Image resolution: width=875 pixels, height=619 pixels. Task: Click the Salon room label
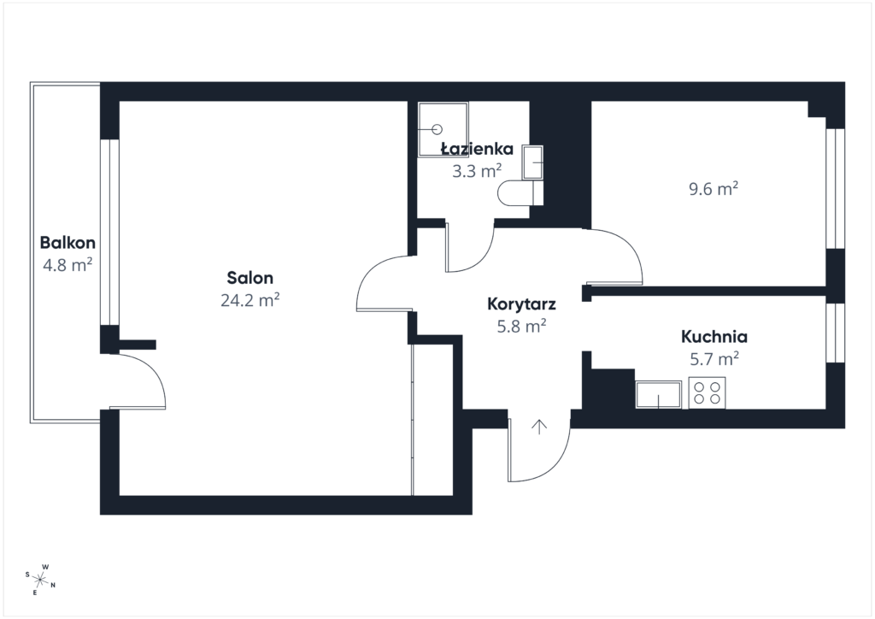click(x=250, y=277)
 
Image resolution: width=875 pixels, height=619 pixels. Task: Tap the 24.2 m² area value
click(x=250, y=300)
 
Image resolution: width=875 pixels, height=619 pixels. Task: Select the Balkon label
click(x=68, y=243)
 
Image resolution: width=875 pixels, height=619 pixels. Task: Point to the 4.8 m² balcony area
click(x=68, y=264)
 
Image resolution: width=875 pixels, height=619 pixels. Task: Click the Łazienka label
click(x=477, y=149)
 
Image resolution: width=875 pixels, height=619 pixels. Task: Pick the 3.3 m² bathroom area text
click(x=477, y=171)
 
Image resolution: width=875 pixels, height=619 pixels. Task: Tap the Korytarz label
click(x=521, y=304)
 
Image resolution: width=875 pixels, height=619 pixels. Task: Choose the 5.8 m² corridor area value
click(x=521, y=326)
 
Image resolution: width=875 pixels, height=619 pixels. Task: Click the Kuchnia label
click(x=714, y=337)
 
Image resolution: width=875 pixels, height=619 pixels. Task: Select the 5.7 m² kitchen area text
click(x=714, y=358)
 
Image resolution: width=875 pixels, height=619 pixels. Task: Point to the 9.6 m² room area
click(x=714, y=189)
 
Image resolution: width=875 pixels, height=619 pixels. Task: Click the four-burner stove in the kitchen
click(x=707, y=393)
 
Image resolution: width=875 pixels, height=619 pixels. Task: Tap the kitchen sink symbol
click(x=659, y=395)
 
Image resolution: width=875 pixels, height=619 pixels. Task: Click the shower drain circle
click(x=437, y=129)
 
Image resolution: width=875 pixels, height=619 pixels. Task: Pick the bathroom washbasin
click(x=533, y=162)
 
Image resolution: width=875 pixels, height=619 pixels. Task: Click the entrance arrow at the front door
click(x=539, y=427)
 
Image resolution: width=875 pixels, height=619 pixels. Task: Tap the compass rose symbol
click(x=40, y=580)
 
